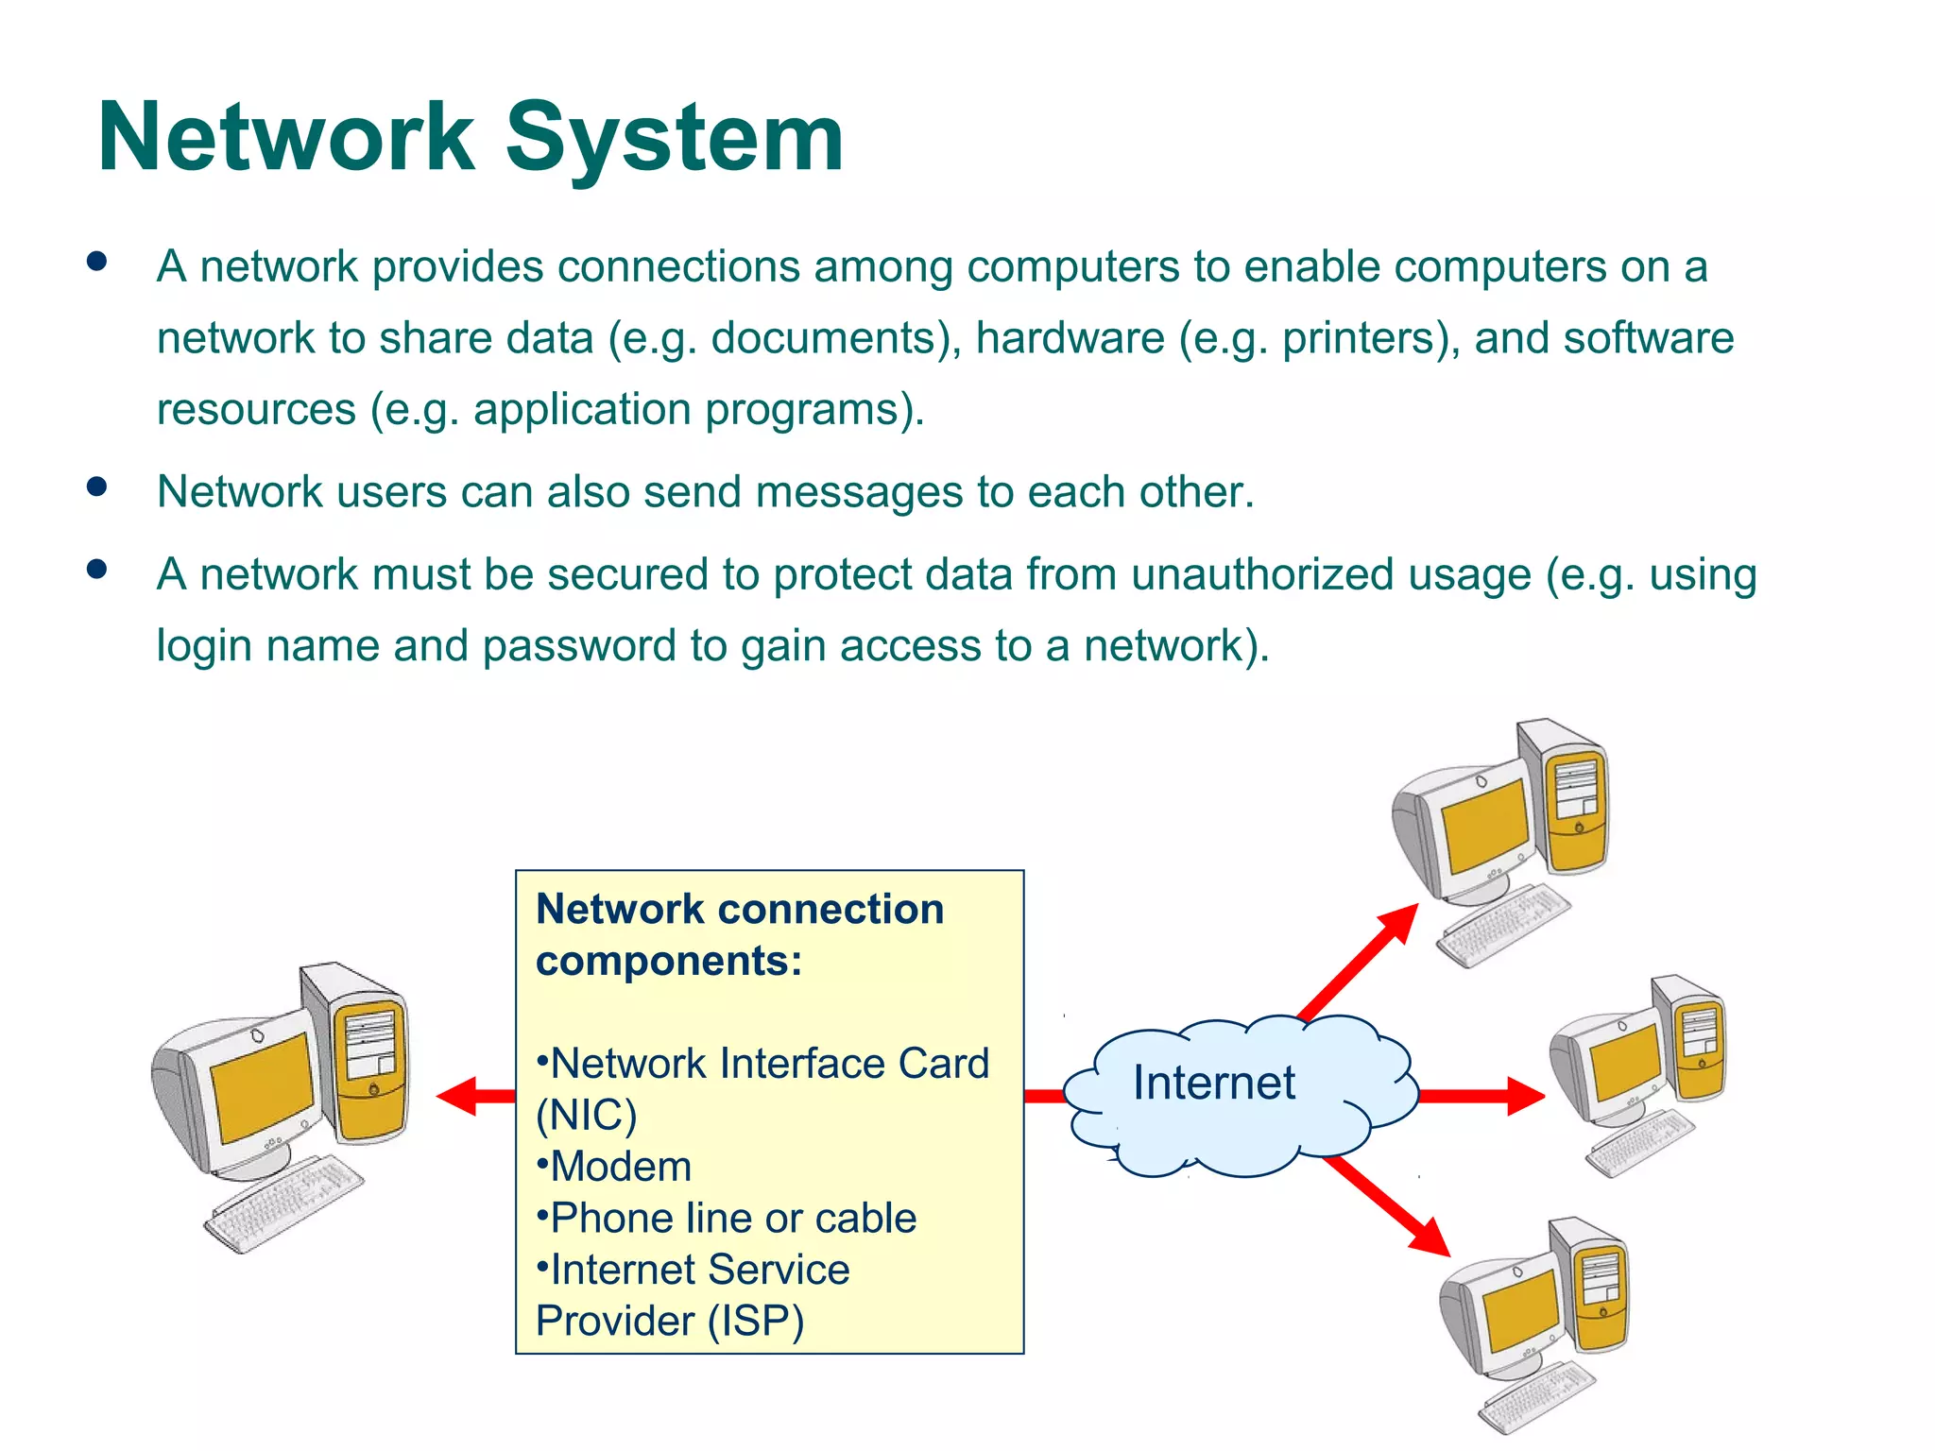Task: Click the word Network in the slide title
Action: tap(285, 138)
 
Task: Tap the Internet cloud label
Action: tap(1213, 1083)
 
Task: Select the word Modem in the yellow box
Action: tap(621, 1167)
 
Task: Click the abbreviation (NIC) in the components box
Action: tap(586, 1116)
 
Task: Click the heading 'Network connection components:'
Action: tap(739, 934)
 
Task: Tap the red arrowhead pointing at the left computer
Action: tap(461, 1096)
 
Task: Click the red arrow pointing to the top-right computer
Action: tap(1361, 960)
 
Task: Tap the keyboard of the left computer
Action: tap(283, 1203)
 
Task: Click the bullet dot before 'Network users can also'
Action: tap(96, 487)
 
